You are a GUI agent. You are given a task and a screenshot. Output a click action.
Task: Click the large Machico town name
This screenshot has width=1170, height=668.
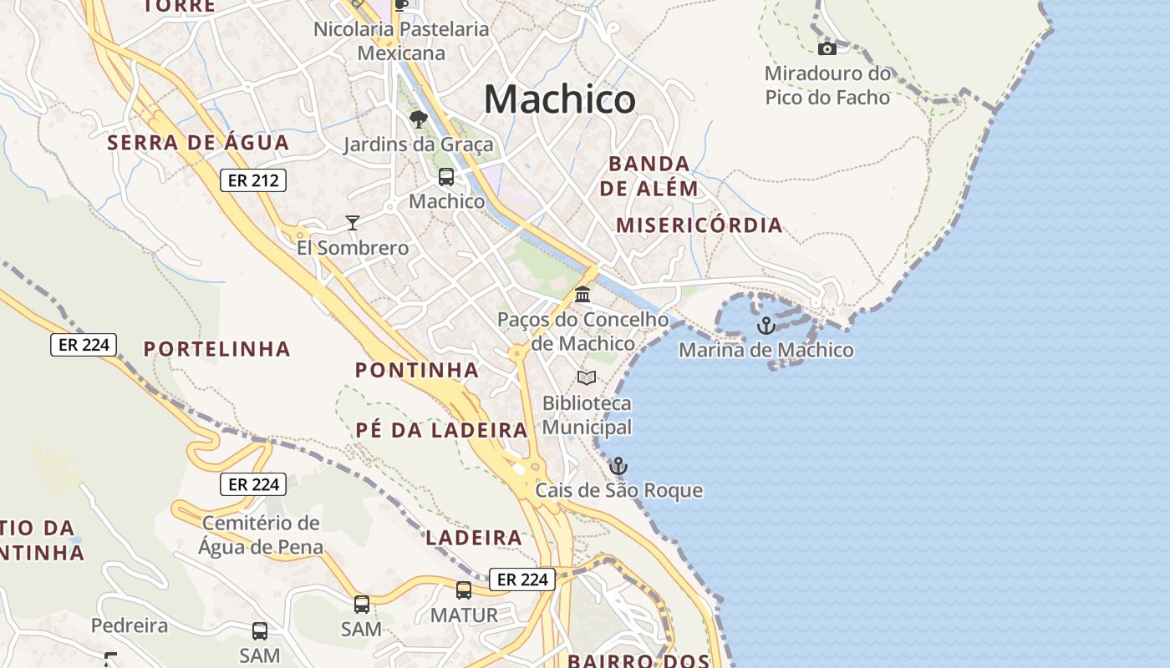(559, 100)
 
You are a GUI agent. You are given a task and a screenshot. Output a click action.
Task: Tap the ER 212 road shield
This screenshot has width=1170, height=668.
(253, 180)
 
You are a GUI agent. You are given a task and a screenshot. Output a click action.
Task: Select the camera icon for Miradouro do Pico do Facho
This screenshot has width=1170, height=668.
(827, 48)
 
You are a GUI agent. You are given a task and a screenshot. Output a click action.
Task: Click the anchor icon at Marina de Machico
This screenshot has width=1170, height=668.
(766, 326)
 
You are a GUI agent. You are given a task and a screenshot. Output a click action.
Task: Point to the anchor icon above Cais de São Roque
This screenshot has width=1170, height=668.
(618, 466)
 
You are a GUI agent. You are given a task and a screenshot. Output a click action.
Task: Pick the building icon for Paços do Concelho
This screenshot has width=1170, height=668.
(582, 295)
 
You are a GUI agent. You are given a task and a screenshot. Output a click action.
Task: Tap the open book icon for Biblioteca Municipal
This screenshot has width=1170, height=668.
(587, 378)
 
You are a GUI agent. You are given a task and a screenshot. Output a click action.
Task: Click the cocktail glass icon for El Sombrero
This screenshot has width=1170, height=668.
(353, 223)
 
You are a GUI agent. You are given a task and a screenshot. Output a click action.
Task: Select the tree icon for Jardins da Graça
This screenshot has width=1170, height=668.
(419, 119)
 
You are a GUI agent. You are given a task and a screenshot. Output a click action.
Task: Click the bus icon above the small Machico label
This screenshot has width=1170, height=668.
(446, 177)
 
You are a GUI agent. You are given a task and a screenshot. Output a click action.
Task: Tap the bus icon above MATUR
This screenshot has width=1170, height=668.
(464, 590)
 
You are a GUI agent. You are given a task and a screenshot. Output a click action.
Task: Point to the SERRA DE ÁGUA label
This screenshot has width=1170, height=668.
(198, 143)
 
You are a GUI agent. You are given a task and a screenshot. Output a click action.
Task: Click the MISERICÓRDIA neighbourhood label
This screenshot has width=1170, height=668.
(699, 225)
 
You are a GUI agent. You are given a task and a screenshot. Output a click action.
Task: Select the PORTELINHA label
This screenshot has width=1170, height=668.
(217, 349)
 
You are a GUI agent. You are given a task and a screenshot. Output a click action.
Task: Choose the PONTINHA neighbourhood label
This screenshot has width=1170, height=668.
(417, 370)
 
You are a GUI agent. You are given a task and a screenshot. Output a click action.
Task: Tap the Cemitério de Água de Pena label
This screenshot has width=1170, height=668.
(261, 535)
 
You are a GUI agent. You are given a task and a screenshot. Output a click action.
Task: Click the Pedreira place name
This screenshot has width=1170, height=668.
(125, 625)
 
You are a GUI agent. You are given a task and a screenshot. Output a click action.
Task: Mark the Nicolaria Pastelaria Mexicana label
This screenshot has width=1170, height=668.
(401, 41)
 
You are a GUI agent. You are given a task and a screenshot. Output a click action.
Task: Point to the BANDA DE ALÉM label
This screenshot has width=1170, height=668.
(649, 175)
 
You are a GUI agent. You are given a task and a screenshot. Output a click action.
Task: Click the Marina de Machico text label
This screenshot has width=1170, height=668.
(766, 350)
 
